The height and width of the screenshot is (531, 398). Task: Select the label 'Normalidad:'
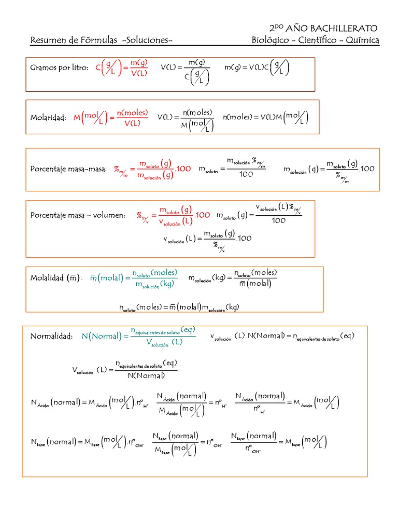pos(51,337)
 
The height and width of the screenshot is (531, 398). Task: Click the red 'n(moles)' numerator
pos(132,113)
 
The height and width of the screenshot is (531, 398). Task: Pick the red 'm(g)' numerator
pos(139,63)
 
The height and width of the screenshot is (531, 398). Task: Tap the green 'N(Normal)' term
pos(101,337)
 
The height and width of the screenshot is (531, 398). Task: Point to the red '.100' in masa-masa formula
pos(184,169)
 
